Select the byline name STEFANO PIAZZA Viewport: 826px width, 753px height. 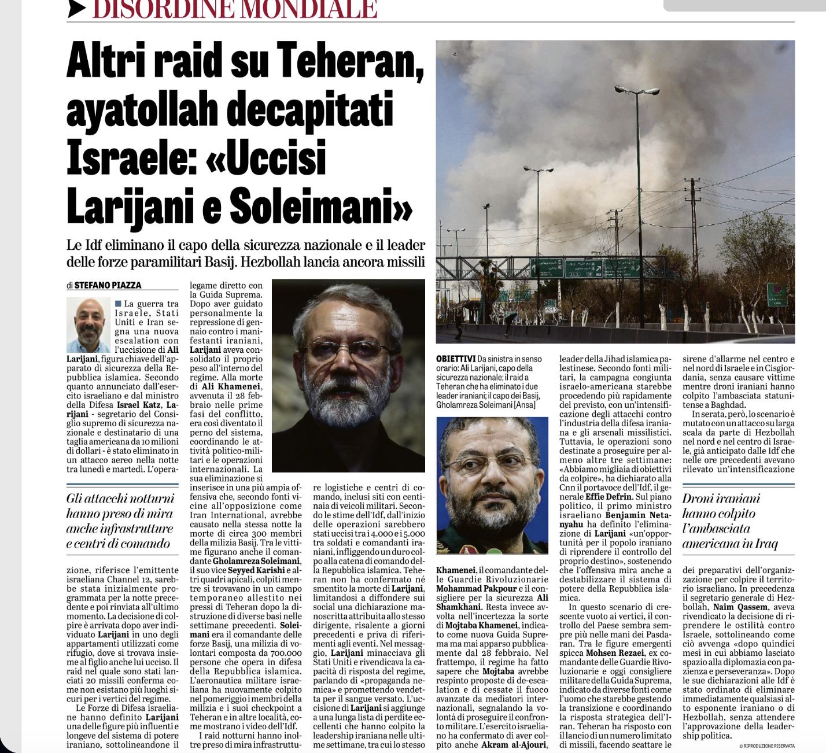tap(108, 285)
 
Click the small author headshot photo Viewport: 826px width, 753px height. tap(89, 325)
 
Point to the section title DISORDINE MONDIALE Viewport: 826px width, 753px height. tap(235, 9)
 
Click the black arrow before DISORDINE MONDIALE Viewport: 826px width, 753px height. tap(77, 8)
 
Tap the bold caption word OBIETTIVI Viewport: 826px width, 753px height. tap(456, 359)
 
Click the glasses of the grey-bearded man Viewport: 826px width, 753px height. tap(346, 350)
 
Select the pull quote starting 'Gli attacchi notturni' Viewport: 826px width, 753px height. tap(120, 521)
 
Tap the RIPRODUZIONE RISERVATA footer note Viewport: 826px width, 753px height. tap(767, 746)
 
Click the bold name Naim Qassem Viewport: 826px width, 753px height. tap(740, 607)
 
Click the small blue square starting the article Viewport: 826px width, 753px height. tap(118, 304)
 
